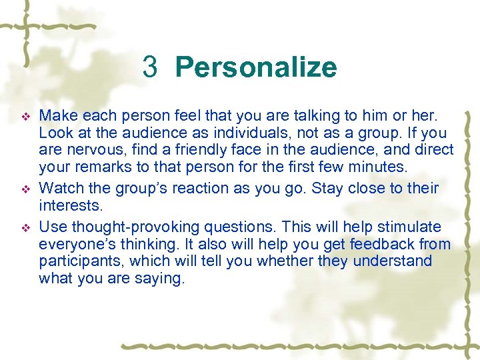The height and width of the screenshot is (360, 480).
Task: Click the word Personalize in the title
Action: coord(256,67)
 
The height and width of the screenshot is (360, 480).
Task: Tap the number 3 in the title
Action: coord(150,67)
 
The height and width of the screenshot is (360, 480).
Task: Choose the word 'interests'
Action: coord(70,205)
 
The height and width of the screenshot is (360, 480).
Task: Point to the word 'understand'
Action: coord(393,261)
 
